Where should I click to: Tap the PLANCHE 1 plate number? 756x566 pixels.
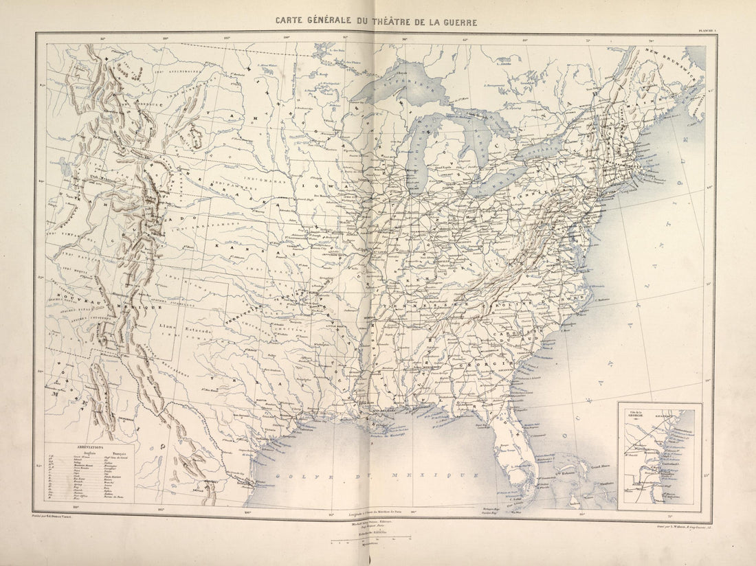pos(704,30)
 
